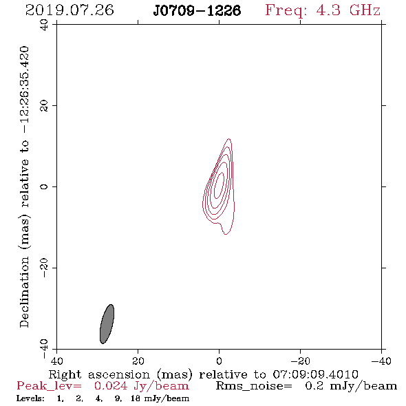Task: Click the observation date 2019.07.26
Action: coord(70,10)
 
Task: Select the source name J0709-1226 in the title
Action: coord(197,10)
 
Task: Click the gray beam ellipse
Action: coord(107,324)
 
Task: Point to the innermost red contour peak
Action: coord(219,185)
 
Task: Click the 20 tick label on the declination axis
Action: coord(44,106)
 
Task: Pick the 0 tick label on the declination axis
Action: coord(44,186)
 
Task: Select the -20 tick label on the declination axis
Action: coord(44,268)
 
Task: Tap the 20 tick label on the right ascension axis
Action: coord(138,361)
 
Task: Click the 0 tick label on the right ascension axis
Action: coord(219,361)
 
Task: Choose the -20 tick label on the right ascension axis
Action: coord(300,361)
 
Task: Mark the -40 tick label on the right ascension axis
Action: coord(381,361)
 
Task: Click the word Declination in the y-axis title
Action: coord(24,292)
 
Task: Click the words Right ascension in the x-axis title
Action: coord(99,374)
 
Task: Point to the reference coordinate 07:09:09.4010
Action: coord(315,374)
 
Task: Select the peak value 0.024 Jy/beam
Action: coord(142,386)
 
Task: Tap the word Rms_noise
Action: coord(254,386)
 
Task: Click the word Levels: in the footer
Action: coord(30,398)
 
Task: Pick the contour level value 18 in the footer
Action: coord(135,398)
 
